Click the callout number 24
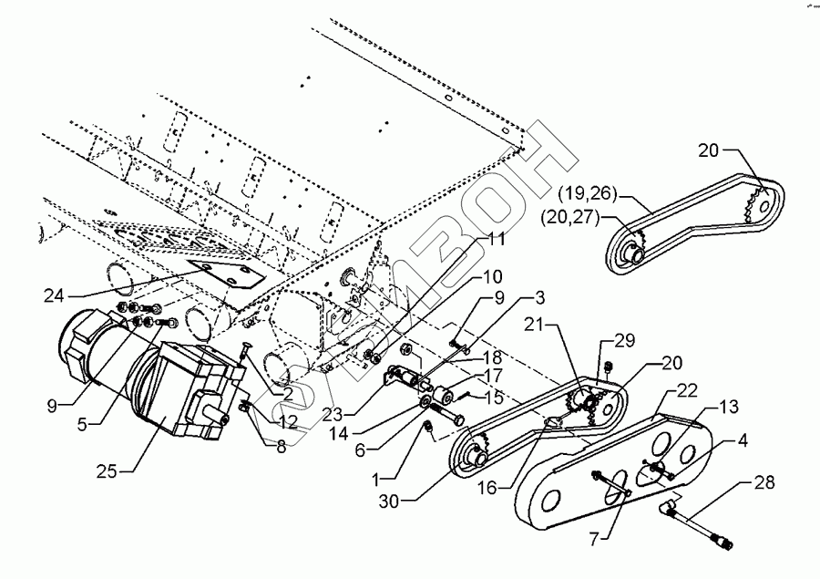tap(54, 295)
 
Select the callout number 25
tap(107, 471)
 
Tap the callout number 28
tap(764, 482)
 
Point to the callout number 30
tap(389, 501)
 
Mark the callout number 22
tap(687, 390)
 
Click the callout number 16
tap(487, 488)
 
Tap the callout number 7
tap(595, 539)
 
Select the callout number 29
tap(624, 340)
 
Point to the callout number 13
tap(729, 407)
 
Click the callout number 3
tap(539, 297)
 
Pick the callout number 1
tap(375, 479)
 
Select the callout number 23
tap(333, 415)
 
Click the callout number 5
tap(82, 424)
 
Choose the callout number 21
tap(535, 326)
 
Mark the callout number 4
tap(743, 440)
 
